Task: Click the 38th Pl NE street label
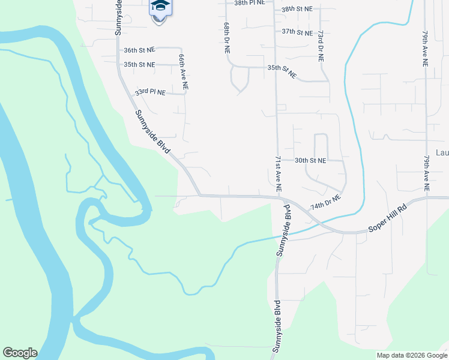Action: pos(249,3)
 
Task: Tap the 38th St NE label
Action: pos(297,9)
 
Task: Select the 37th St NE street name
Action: pos(297,32)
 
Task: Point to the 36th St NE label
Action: pos(139,51)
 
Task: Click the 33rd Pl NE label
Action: pos(149,92)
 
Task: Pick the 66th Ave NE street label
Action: pos(183,71)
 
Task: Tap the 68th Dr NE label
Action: pos(227,40)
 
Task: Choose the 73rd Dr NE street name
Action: pos(321,47)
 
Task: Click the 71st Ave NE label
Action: pos(279,173)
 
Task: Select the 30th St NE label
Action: pos(310,161)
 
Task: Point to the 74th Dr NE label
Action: pos(325,202)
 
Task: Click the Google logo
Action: pos(20,353)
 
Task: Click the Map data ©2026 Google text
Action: pos(411,355)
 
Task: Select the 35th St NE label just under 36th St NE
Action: pos(139,64)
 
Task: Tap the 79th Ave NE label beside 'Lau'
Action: pos(426,173)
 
